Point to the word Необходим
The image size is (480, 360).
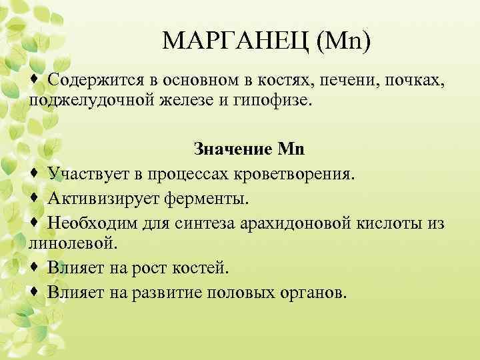(x=91, y=221)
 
